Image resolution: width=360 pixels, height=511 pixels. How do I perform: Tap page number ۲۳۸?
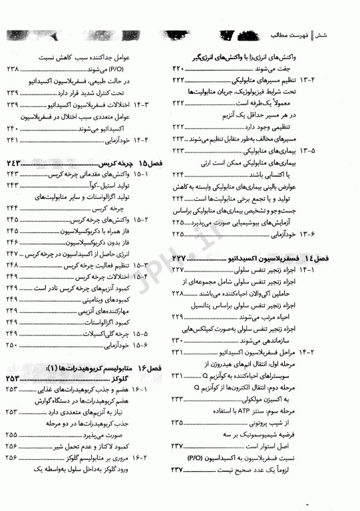[x=14, y=69]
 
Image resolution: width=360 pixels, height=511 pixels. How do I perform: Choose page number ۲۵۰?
[x=14, y=345]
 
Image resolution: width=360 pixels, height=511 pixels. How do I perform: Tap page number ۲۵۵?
[x=14, y=433]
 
